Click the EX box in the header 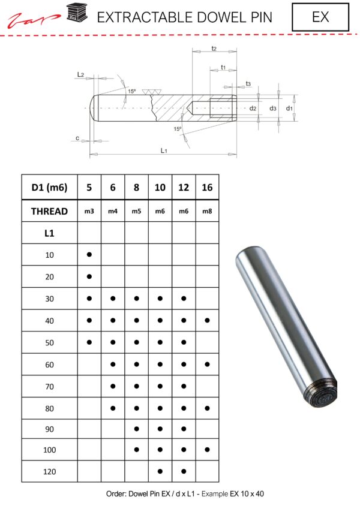320,17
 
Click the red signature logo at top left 34,20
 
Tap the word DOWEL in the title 188,17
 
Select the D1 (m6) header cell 50,188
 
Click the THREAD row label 50,211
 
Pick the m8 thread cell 207,211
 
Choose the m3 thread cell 89,211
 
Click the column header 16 207,188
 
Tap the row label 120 50,472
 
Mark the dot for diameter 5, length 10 89,255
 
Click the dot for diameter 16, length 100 207,450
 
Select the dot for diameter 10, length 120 160,472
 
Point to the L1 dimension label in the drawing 164,150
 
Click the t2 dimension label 214,48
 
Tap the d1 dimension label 289,109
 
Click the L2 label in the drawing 80,74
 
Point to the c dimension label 78,138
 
